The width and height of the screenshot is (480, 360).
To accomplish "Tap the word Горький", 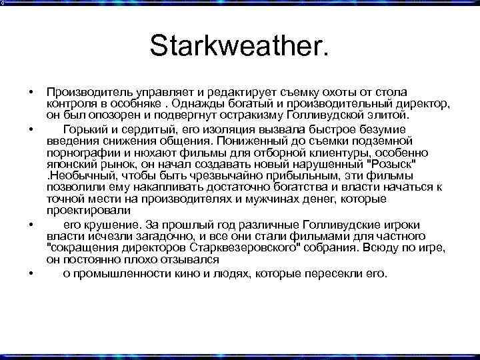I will point(85,129).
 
